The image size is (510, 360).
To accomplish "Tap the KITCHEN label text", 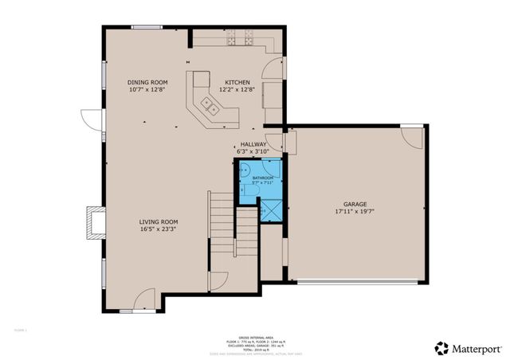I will (237, 82).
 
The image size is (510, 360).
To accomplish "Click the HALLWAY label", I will (253, 144).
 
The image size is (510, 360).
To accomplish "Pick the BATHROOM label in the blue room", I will (262, 177).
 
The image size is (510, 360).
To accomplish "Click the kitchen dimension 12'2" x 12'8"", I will (237, 90).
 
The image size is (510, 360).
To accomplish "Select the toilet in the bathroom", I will (243, 189).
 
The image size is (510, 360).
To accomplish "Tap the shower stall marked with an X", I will (271, 210).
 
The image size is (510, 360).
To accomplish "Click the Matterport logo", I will (465, 347).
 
